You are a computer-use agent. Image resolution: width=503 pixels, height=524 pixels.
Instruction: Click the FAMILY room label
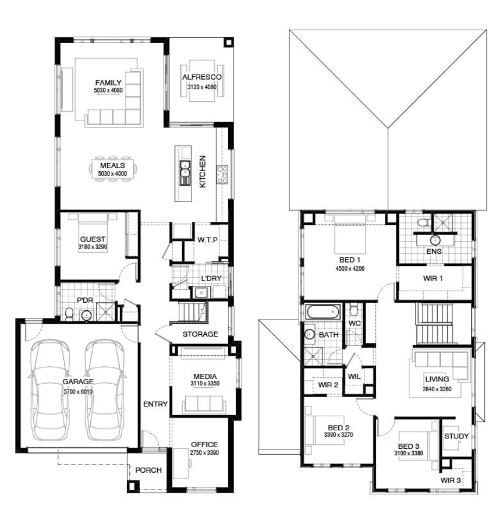[x=108, y=83]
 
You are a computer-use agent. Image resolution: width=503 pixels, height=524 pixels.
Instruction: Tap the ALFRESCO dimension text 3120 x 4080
[x=202, y=87]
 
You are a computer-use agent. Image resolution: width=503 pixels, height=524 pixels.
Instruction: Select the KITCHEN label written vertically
[x=203, y=171]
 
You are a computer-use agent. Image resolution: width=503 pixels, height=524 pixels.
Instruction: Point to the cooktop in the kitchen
[x=222, y=175]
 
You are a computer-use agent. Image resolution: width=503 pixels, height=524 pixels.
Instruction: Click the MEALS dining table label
[x=112, y=165]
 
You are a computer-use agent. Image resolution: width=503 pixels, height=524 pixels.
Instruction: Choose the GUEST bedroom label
[x=93, y=239]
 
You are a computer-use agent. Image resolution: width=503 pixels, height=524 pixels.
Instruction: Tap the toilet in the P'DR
[x=69, y=313]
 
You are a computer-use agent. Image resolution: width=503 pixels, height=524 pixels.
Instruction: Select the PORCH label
[x=148, y=470]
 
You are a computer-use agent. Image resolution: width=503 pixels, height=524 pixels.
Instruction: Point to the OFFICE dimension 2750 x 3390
[x=204, y=453]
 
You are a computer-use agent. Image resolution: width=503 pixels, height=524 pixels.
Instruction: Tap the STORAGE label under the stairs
[x=200, y=334]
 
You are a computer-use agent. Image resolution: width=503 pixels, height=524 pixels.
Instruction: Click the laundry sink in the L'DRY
[x=201, y=293]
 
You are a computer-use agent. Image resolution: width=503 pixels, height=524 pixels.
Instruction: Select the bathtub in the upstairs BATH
[x=323, y=311]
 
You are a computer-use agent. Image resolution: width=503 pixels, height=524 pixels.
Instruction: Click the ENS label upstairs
[x=434, y=252]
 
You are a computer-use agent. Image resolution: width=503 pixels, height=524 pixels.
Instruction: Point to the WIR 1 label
[x=433, y=278]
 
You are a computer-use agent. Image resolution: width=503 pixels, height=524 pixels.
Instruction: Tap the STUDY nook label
[x=456, y=436]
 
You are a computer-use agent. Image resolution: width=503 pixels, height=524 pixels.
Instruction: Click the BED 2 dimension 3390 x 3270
[x=338, y=435]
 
